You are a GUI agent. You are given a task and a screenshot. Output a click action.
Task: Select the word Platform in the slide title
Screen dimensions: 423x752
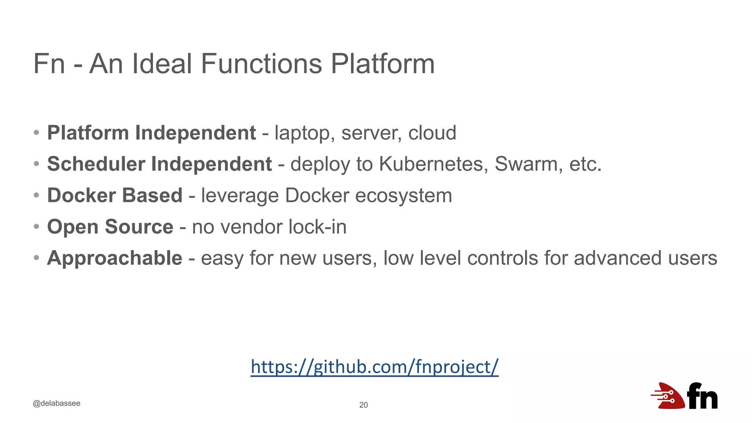click(383, 64)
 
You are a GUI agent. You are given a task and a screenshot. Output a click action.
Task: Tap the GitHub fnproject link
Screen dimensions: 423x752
click(375, 367)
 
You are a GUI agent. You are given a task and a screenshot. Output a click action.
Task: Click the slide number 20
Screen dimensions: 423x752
click(364, 405)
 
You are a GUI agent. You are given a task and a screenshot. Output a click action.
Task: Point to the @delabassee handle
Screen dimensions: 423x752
click(57, 403)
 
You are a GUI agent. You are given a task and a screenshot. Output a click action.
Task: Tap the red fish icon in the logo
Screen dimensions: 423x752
click(669, 396)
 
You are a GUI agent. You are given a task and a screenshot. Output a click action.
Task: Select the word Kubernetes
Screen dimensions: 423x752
click(433, 164)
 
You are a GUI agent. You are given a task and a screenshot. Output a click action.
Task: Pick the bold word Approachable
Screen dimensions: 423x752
click(115, 258)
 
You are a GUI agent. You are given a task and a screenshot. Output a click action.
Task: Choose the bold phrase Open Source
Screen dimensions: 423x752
click(110, 227)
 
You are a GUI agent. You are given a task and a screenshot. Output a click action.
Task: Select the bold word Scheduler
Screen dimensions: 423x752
click(96, 164)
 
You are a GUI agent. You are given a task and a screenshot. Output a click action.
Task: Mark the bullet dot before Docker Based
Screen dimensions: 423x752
click(36, 195)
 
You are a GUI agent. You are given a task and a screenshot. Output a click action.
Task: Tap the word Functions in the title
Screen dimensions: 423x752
click(261, 64)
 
